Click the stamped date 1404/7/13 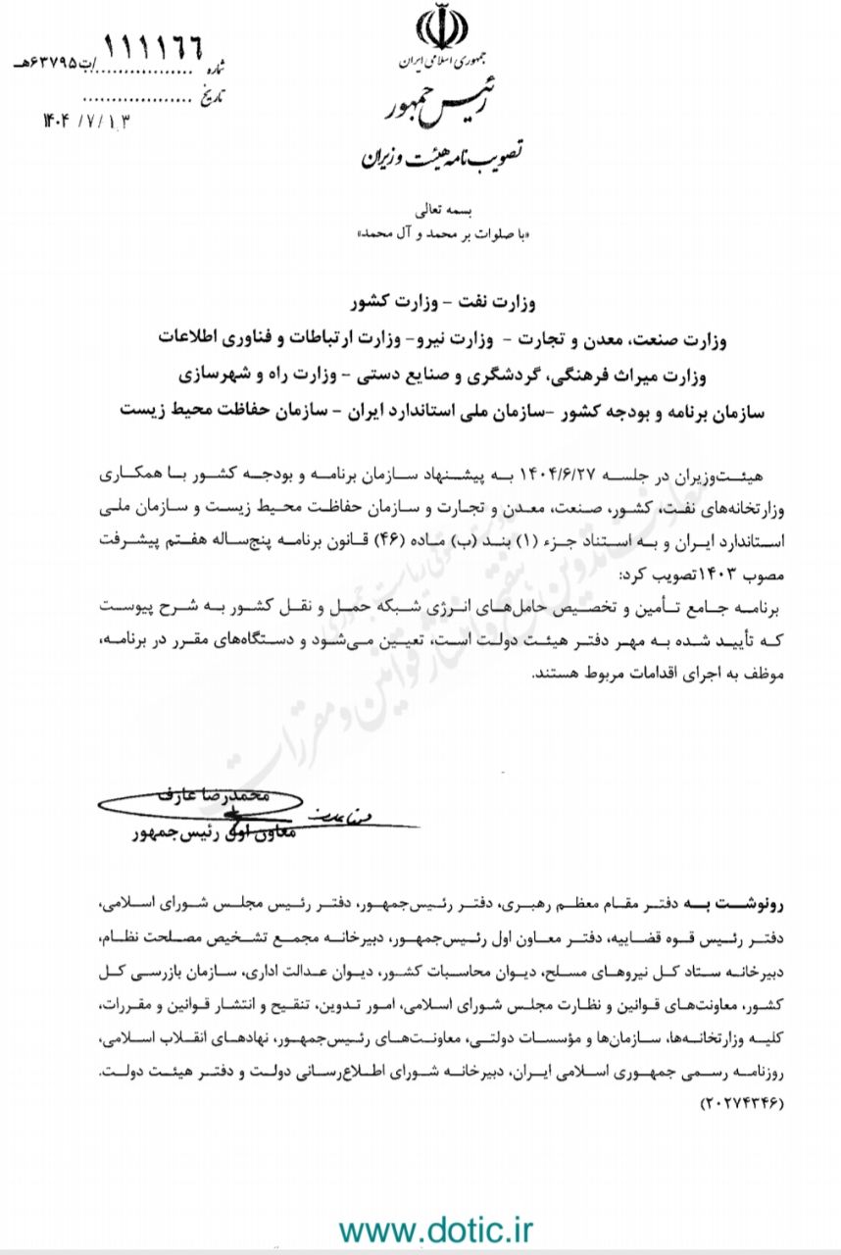(86, 121)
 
